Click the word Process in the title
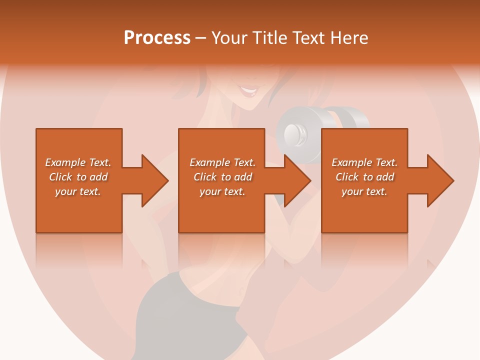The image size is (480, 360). tap(157, 37)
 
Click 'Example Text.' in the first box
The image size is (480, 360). tap(78, 162)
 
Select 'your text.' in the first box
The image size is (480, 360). tap(78, 191)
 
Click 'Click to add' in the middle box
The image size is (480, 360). tap(222, 177)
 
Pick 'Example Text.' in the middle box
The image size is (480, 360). tap(222, 162)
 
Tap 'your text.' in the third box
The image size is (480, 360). tap(364, 191)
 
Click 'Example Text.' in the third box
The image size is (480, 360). tap(364, 162)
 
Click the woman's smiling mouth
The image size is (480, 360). tap(248, 91)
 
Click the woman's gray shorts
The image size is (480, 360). tap(185, 310)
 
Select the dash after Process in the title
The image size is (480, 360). tap(200, 38)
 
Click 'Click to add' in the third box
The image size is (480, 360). tap(364, 177)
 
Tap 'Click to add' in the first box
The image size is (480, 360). tap(78, 177)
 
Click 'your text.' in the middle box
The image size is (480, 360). tap(222, 191)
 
